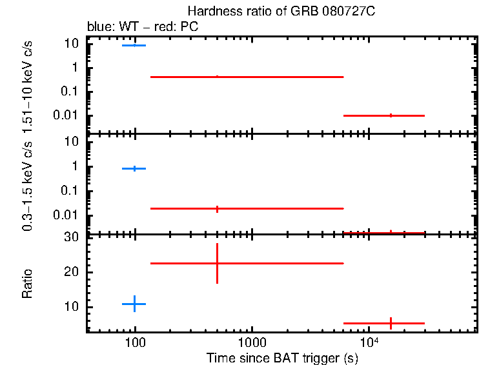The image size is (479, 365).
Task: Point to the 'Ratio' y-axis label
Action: pos(27,284)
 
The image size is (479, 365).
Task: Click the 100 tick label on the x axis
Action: pos(135,343)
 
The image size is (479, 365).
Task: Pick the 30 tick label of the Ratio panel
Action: pos(72,237)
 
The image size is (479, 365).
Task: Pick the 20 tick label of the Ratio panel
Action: pos(72,272)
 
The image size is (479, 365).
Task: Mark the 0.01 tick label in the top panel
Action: pos(67,115)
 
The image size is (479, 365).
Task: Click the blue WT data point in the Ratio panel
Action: pos(134,303)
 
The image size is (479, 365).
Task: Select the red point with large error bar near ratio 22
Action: pos(218,263)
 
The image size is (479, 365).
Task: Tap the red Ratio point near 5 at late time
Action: pos(391,323)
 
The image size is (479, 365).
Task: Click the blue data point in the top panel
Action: pos(134,46)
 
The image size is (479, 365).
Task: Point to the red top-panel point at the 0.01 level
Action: pos(391,115)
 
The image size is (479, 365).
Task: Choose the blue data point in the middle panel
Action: pos(134,168)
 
